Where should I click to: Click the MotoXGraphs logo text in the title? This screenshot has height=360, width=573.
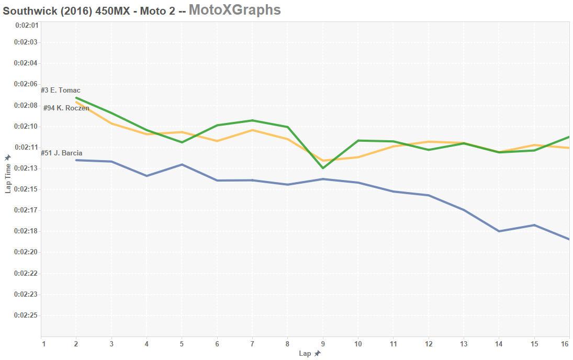234,9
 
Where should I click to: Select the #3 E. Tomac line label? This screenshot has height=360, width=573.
61,91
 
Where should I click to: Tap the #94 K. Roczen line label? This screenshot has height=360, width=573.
66,108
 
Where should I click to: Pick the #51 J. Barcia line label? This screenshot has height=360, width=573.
61,153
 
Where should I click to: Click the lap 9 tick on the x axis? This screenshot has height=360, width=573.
323,344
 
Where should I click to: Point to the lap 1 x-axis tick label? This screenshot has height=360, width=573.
43,344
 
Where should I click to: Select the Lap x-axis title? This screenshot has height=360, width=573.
305,354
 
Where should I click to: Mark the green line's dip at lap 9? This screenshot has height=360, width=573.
323,168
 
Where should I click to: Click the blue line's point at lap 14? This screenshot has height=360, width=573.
499,231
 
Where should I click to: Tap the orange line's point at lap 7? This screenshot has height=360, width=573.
252,130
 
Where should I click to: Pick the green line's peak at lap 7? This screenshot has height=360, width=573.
252,120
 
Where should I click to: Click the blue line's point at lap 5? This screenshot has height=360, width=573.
182,164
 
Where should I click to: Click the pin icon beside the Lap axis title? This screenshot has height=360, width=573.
317,354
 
